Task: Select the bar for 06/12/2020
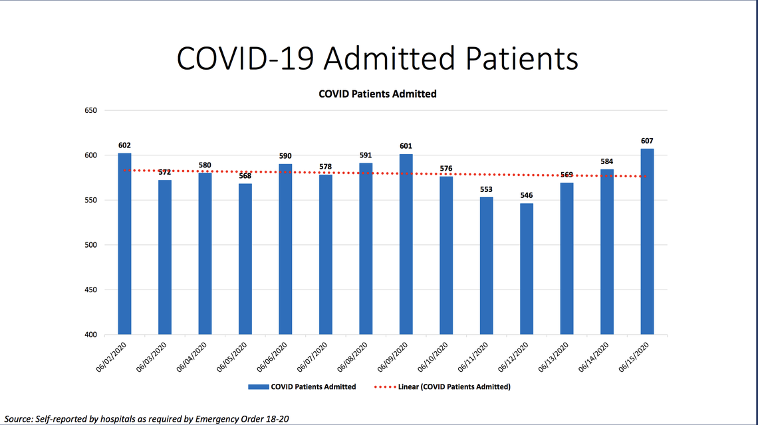coord(527,269)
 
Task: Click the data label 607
coord(647,141)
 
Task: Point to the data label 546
coord(527,195)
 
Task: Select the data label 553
coord(487,189)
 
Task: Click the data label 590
coord(285,156)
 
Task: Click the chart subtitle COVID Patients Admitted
coord(378,94)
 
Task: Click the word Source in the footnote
coord(18,419)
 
